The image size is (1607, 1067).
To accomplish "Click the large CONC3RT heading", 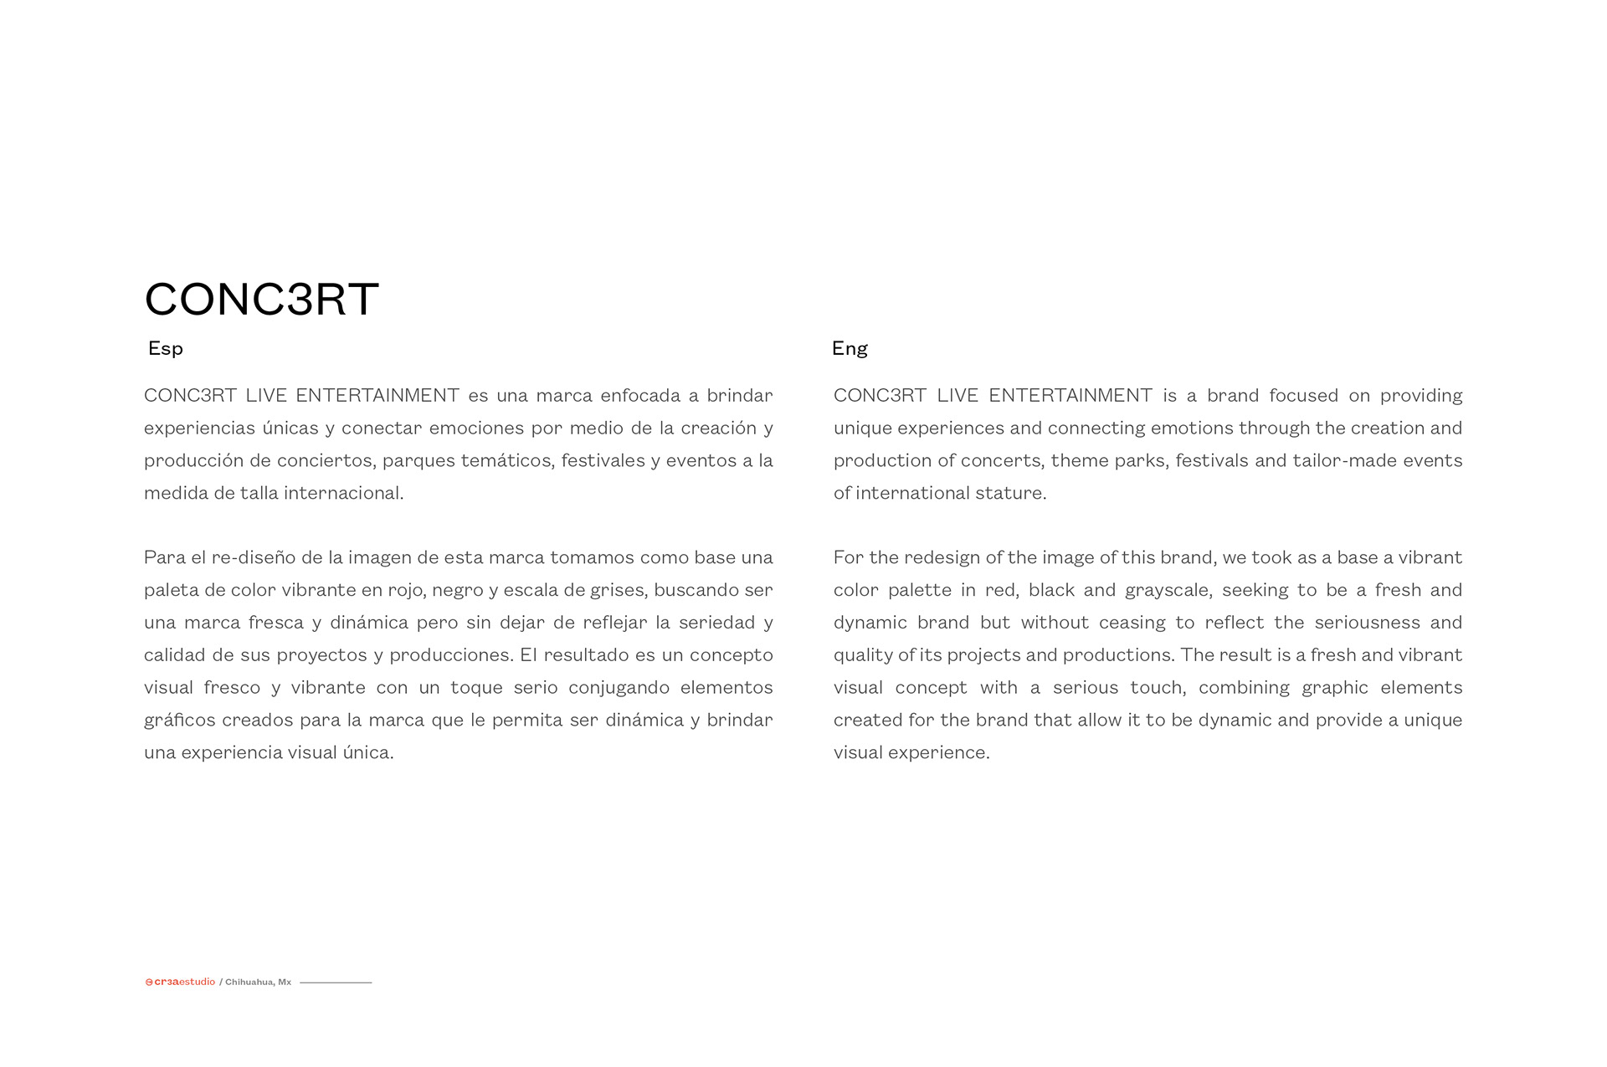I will coord(261,299).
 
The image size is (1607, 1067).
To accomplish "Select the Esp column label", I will coord(165,348).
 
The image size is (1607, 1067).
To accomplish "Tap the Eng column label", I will coord(850,348).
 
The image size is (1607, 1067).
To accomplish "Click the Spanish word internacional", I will coord(343,494).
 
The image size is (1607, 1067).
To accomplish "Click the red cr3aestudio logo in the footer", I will coord(180,982).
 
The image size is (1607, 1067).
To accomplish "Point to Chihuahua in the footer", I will coord(249,982).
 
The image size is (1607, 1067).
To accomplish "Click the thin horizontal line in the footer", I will coord(336,982).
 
